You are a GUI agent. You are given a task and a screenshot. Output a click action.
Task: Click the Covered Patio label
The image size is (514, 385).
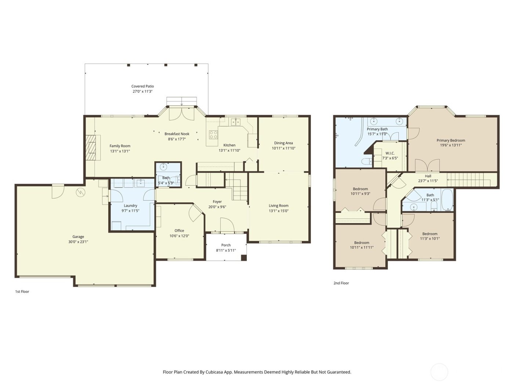[x=142, y=87]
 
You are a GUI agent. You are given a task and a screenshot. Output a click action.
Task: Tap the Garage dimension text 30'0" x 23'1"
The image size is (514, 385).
[x=78, y=242]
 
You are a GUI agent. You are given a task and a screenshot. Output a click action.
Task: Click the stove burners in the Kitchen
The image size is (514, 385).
[x=213, y=135]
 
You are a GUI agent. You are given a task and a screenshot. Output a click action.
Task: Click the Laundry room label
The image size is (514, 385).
[x=130, y=206]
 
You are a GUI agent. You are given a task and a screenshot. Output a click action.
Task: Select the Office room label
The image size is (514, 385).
[x=179, y=231]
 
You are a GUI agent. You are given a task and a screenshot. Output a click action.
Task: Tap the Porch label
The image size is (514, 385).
[x=226, y=245]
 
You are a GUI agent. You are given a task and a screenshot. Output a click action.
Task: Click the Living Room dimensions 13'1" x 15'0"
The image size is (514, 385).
[x=278, y=211]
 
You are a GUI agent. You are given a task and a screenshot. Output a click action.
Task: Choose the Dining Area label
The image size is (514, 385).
[x=283, y=143]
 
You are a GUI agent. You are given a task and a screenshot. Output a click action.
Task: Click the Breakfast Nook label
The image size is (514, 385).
[x=177, y=134]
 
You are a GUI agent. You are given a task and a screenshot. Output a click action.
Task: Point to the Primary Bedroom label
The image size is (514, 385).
[x=451, y=140]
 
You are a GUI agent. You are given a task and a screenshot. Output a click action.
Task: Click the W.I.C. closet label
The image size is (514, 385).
[x=390, y=153]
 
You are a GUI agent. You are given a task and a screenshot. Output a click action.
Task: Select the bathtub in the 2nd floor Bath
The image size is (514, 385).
[x=447, y=200]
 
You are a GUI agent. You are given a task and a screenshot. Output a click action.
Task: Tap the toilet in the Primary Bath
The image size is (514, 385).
[x=366, y=161]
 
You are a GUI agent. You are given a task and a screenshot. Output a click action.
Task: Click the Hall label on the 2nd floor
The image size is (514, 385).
[x=428, y=176]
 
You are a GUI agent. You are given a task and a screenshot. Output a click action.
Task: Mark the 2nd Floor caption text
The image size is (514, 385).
[x=341, y=283]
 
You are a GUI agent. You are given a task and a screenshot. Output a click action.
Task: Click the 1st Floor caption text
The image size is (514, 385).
[x=22, y=291]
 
